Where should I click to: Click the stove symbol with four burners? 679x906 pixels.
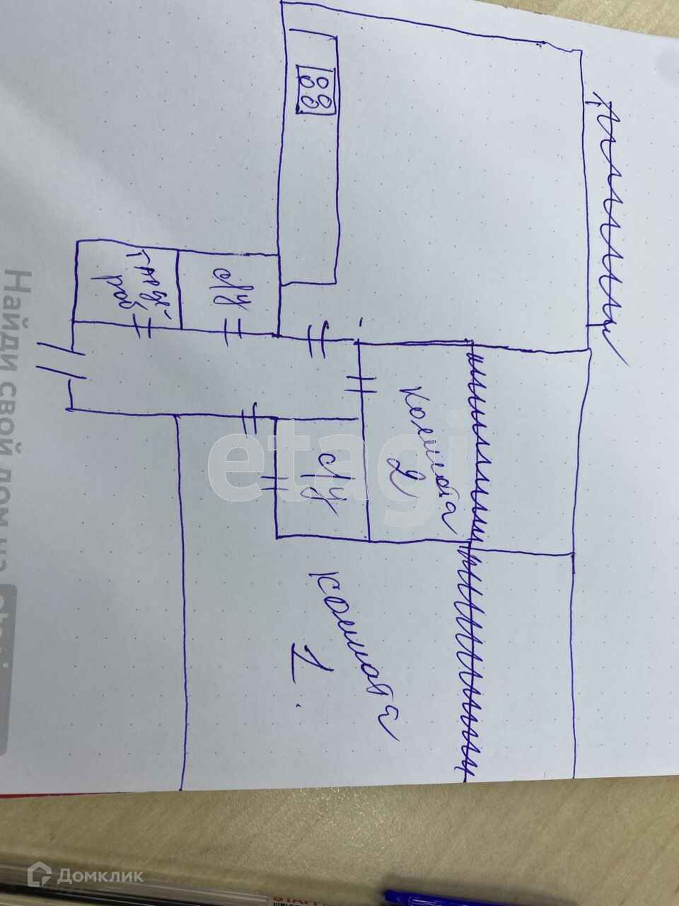(316, 88)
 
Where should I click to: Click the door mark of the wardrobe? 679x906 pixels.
(138, 327)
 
